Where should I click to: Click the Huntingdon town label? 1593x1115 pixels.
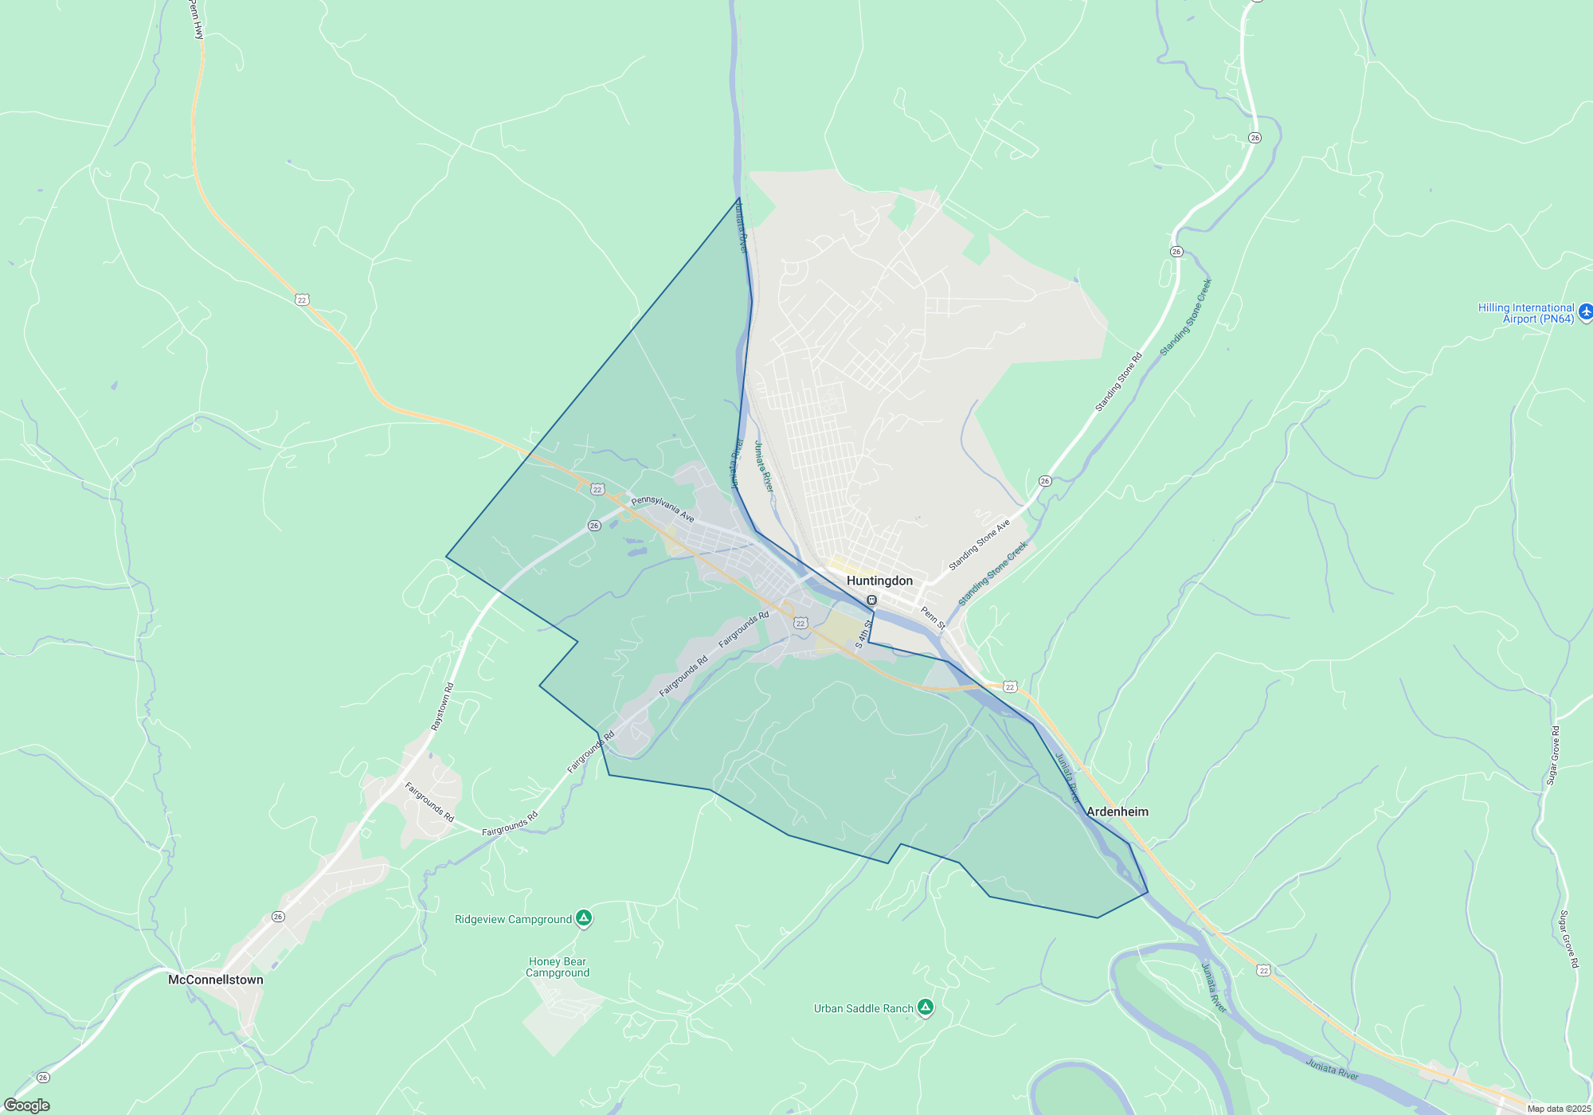[879, 581]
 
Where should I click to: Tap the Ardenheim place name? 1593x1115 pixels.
[1117, 812]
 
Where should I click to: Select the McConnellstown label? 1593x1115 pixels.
[215, 980]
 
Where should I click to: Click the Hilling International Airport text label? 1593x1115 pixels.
[1526, 313]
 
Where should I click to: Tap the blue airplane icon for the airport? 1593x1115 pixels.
[1586, 311]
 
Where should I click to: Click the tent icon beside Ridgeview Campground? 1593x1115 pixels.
[584, 918]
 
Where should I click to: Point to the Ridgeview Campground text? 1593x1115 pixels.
[513, 919]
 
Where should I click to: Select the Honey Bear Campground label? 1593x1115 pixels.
[558, 967]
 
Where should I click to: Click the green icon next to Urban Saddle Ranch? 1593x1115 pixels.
[925, 1007]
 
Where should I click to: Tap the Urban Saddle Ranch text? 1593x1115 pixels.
[863, 1008]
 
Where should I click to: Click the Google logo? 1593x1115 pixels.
[27, 1105]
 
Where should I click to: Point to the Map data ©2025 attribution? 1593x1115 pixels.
[1559, 1109]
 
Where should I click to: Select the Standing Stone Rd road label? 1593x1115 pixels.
[1118, 382]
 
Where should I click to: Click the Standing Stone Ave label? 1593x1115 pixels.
[979, 544]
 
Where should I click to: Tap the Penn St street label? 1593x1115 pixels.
[933, 618]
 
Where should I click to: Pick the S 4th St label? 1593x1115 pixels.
[863, 634]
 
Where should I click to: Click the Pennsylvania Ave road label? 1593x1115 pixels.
[663, 510]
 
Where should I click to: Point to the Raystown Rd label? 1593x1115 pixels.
[442, 706]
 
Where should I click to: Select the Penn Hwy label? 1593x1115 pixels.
[197, 19]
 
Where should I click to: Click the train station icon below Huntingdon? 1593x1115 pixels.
[872, 600]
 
